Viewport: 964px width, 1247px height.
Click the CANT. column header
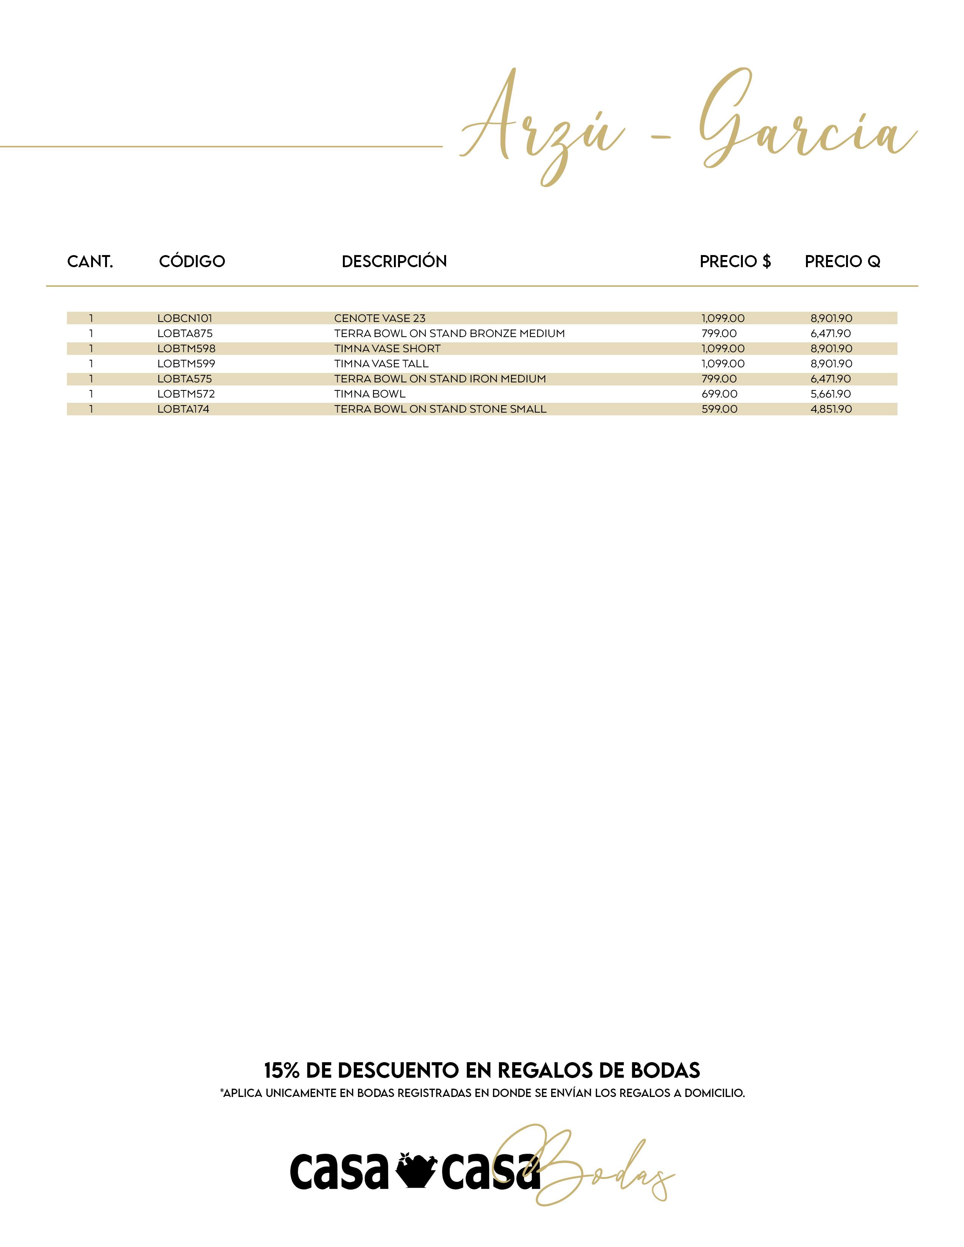click(90, 261)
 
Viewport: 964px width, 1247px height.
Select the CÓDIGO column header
click(192, 261)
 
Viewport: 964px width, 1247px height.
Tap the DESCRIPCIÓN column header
click(394, 261)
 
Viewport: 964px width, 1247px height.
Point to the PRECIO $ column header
click(735, 261)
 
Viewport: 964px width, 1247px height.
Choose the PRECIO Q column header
click(842, 261)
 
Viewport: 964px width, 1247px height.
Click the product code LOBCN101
click(184, 318)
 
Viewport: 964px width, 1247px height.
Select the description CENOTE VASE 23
click(380, 318)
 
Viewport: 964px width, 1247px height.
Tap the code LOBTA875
click(184, 333)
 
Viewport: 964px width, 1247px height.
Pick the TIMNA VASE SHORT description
click(387, 348)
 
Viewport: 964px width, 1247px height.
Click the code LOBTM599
click(186, 364)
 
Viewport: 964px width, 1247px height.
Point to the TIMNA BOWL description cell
click(369, 394)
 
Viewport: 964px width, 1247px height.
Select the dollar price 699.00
click(719, 394)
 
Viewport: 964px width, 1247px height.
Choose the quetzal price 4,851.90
click(831, 409)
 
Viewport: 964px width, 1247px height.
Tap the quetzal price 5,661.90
click(831, 394)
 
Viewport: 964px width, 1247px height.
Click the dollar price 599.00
click(719, 409)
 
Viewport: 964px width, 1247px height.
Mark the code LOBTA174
click(183, 409)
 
